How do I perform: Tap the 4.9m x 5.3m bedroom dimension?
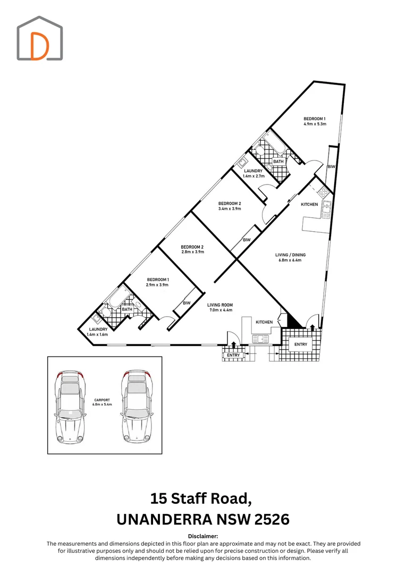pos(315,124)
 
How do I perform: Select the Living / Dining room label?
pos(290,255)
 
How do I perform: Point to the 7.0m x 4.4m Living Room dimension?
pos(219,310)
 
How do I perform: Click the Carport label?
pos(102,400)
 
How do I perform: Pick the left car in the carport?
pos(71,407)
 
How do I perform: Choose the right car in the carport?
pos(137,407)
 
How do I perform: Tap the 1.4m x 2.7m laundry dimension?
pos(253,176)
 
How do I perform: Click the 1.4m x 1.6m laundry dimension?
pos(97,335)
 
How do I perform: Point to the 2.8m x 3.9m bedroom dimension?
pos(192,252)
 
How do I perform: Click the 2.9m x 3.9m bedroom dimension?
pos(157,285)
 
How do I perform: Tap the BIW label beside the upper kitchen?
pos(331,166)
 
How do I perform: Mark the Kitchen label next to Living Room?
pos(264,322)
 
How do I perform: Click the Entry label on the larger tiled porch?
pos(301,344)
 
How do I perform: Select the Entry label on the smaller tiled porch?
pos(233,355)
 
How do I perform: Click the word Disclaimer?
pos(203,536)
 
